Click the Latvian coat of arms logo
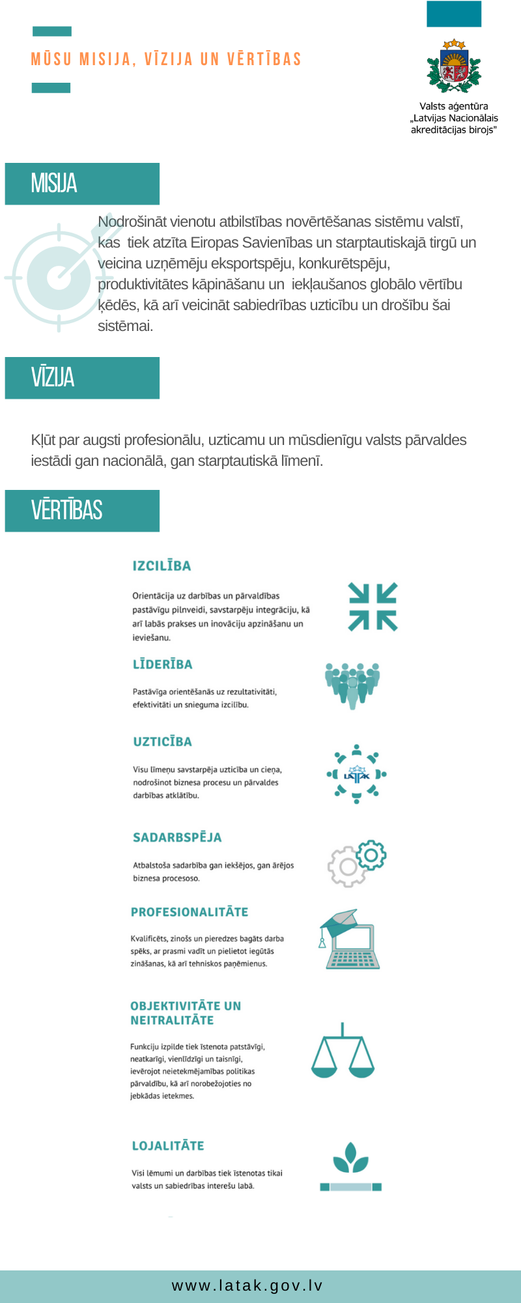[x=454, y=66]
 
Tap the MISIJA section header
[x=54, y=184]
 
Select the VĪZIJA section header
[x=53, y=378]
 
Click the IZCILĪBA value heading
[x=162, y=566]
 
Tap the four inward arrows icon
[x=373, y=607]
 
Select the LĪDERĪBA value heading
[x=162, y=665]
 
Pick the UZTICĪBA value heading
[x=162, y=741]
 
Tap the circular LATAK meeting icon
[x=356, y=774]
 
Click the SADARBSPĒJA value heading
[x=177, y=837]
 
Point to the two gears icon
[x=357, y=863]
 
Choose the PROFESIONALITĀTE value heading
[x=190, y=912]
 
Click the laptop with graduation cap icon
[x=349, y=939]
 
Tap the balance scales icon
[x=343, y=1050]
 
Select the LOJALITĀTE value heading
[x=168, y=1146]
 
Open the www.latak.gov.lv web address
[x=247, y=1285]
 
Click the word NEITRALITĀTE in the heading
[x=172, y=1020]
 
